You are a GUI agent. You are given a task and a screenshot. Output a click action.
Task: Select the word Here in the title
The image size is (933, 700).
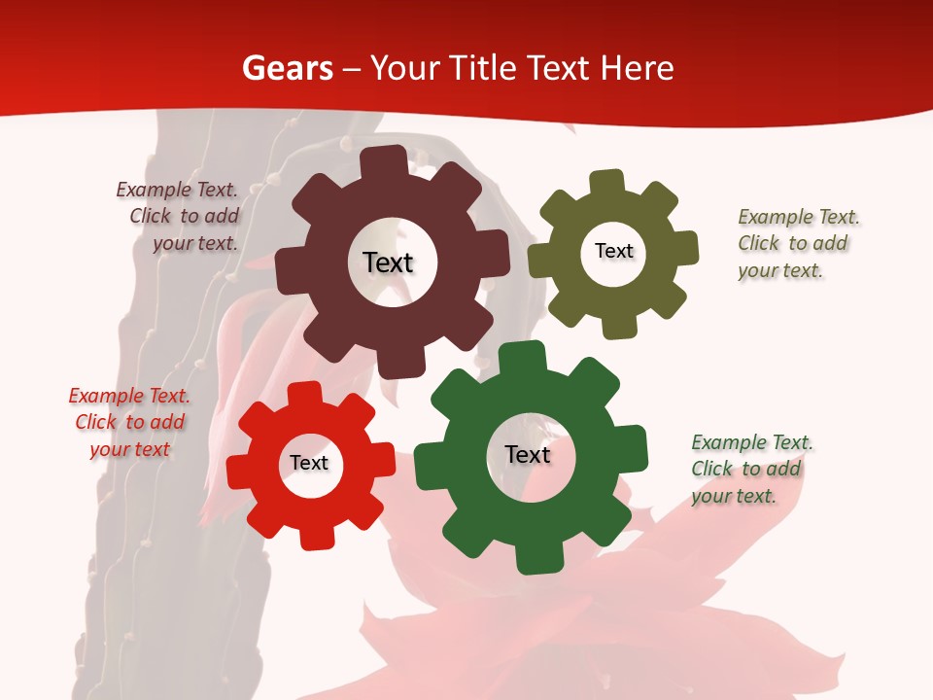637,68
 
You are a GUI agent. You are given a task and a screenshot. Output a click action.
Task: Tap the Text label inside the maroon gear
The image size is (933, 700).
388,262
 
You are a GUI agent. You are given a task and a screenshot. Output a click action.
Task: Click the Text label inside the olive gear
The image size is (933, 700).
613,251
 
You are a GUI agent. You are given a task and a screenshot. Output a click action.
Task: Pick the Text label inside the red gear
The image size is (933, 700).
309,463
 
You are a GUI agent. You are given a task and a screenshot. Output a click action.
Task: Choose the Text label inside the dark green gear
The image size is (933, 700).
528,454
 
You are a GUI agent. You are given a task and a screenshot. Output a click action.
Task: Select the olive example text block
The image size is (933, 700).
797,243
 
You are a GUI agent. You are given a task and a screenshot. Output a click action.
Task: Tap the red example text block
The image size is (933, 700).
129,422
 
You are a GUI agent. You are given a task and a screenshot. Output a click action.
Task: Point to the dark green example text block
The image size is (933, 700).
750,469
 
